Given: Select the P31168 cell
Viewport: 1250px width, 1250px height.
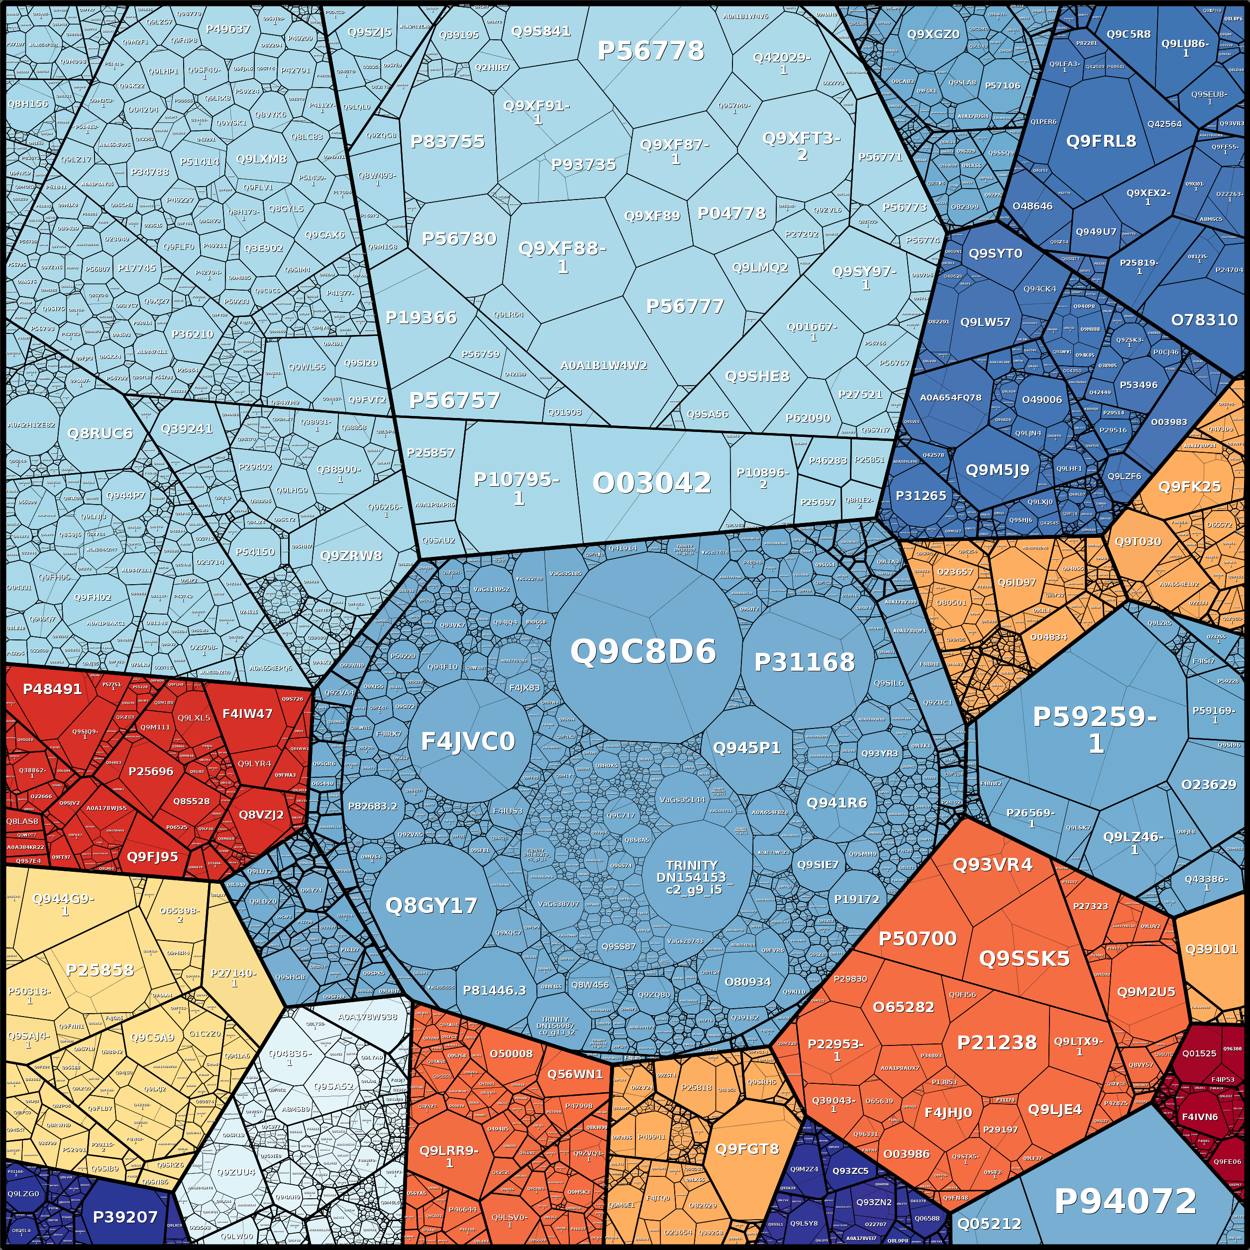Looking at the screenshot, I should coord(804,662).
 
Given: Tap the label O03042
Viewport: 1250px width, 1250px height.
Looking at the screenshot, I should coord(651,483).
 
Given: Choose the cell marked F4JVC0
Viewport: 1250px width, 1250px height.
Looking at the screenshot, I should coord(468,741).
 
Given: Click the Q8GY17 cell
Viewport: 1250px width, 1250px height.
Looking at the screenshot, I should coord(431,905).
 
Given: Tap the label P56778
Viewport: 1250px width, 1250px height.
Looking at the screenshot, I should coord(650,50).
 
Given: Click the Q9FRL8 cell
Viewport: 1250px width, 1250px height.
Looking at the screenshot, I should coord(1101,140).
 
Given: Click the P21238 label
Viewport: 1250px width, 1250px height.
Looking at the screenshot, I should coord(996,1043).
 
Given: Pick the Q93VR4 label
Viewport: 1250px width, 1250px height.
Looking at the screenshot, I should coord(993,864).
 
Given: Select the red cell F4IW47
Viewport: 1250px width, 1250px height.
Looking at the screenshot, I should coord(247,714).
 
